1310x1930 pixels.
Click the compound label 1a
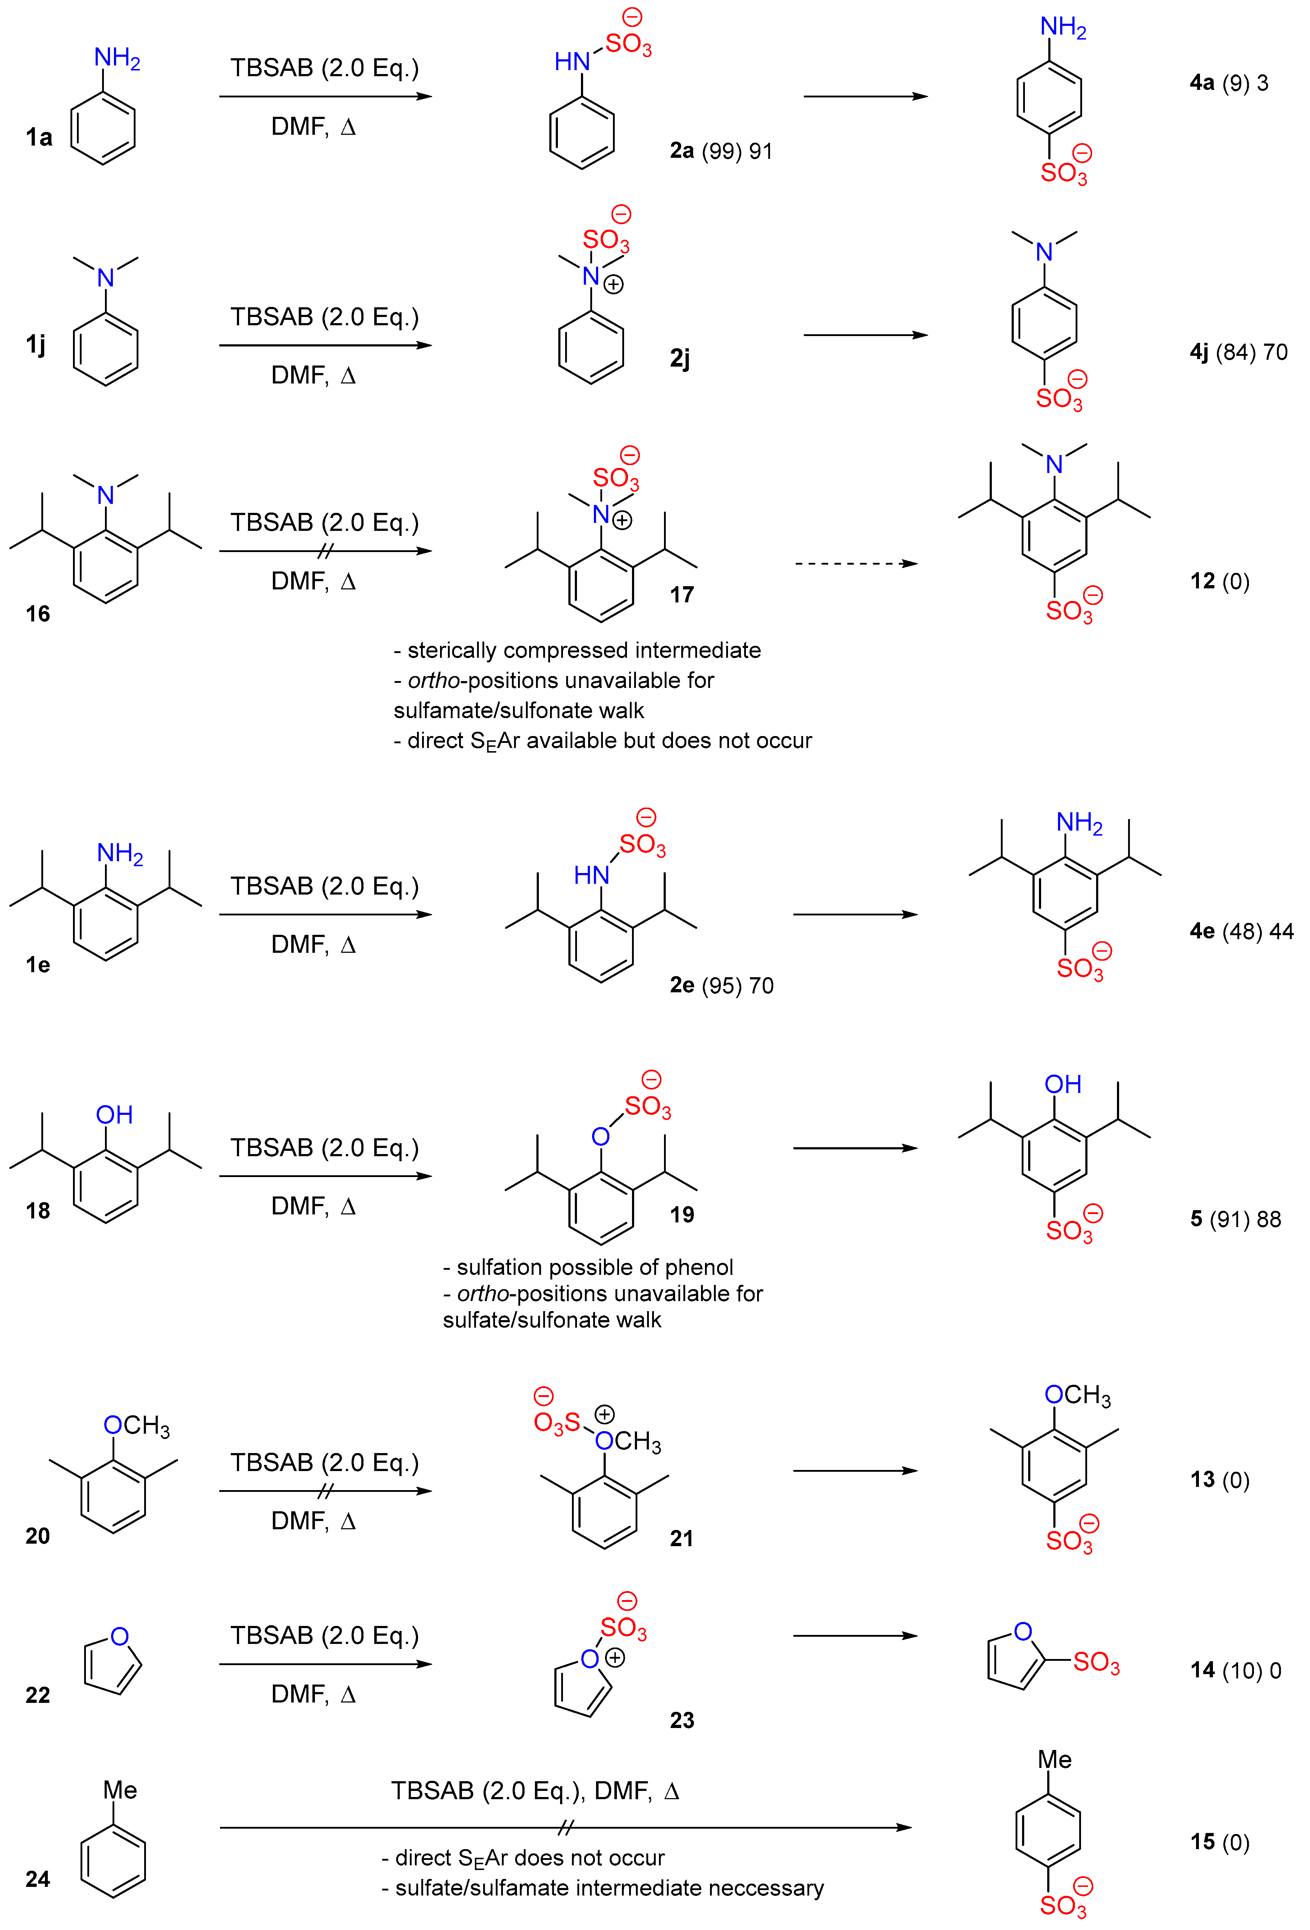click(x=38, y=137)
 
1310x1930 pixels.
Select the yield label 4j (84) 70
click(x=1238, y=352)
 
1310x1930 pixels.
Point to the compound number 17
click(x=681, y=594)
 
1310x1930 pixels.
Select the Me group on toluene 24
click(x=120, y=1789)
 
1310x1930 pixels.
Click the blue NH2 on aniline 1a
click(x=117, y=58)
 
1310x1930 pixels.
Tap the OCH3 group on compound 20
click(x=136, y=1426)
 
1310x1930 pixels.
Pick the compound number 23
click(x=681, y=1720)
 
